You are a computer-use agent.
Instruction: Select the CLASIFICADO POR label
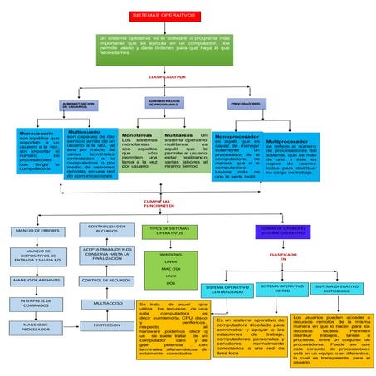pos(166,77)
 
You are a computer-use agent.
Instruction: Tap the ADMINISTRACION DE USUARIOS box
pos(78,105)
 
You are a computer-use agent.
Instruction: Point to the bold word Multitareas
pos(180,134)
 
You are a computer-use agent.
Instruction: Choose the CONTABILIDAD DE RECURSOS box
pos(106,228)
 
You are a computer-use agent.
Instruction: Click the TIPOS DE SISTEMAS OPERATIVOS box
pos(170,231)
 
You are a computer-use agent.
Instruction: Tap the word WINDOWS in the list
pos(171,254)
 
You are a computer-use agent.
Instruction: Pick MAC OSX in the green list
pos(171,269)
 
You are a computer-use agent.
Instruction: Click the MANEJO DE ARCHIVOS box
pos(37,281)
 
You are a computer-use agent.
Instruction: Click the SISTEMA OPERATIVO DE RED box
pos(281,289)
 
